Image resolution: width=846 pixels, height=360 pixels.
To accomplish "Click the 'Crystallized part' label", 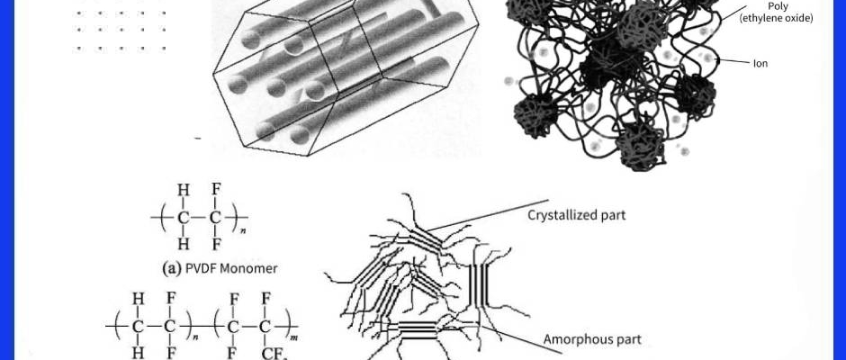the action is click(576, 215).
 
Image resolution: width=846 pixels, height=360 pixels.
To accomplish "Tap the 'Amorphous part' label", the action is click(592, 339).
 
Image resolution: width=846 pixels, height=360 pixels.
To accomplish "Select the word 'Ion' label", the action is click(760, 64).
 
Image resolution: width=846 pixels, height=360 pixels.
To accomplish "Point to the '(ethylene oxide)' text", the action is click(777, 18).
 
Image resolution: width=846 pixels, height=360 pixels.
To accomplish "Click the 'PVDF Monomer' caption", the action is click(231, 268).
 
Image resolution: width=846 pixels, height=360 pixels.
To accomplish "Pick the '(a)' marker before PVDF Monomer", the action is click(172, 268).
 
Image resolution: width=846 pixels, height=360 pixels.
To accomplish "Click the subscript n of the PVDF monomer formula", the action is click(243, 231).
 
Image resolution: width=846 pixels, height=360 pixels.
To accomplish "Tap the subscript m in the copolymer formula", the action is click(294, 337).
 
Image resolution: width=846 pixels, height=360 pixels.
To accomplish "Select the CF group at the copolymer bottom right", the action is click(267, 354).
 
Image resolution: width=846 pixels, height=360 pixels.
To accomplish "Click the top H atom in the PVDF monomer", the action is click(184, 189).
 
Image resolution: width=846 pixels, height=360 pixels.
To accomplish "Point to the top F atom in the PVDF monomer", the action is click(216, 189).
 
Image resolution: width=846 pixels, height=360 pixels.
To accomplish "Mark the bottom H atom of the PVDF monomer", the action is click(184, 245).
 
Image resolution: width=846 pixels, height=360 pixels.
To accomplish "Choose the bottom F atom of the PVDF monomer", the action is click(216, 245).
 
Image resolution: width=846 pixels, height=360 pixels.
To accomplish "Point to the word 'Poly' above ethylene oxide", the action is click(778, 6).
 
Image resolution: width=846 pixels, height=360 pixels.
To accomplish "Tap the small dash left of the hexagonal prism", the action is click(197, 139).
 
